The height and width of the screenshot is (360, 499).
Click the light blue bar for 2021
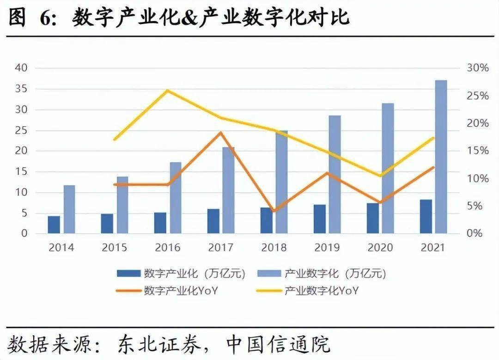441,157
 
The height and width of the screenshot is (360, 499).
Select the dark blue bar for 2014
54,225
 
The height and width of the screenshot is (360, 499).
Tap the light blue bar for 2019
335,174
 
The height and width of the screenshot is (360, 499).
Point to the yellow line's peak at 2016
168,91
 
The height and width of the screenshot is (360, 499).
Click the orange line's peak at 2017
221,133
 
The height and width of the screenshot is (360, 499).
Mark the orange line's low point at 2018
274,211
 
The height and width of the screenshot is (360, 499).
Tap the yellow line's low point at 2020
380,176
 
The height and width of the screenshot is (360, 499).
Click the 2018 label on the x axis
274,248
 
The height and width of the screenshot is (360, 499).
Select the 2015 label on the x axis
115,248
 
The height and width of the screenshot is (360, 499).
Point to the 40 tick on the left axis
22,68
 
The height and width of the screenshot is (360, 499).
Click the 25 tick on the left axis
22,130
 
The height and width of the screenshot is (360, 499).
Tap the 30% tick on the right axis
476,68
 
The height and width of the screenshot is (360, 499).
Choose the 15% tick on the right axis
476,151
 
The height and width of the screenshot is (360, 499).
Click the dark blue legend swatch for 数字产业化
128,274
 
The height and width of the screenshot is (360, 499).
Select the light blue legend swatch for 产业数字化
268,274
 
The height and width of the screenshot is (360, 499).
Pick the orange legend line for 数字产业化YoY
128,291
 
